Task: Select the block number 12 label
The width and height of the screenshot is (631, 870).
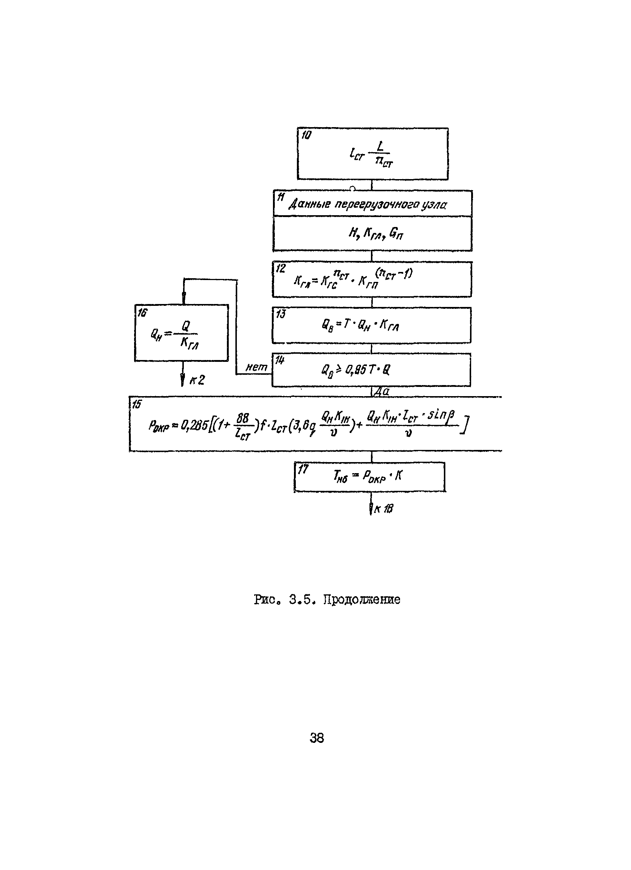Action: pyautogui.click(x=281, y=268)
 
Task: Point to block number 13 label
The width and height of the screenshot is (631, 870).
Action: pyautogui.click(x=281, y=314)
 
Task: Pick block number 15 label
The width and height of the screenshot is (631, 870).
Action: pyautogui.click(x=136, y=404)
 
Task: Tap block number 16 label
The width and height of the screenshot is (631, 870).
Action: pyautogui.click(x=142, y=312)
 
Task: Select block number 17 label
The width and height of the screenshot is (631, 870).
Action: pyautogui.click(x=303, y=469)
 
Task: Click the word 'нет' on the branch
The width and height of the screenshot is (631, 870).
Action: pyautogui.click(x=256, y=367)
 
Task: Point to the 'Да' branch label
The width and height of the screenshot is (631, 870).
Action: pyautogui.click(x=382, y=392)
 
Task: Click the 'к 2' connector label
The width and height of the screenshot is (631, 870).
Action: pyautogui.click(x=197, y=380)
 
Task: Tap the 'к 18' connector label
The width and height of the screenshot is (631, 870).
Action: pyautogui.click(x=383, y=509)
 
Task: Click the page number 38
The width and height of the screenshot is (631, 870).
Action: pyautogui.click(x=317, y=738)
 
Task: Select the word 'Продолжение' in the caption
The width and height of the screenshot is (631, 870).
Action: pyautogui.click(x=361, y=600)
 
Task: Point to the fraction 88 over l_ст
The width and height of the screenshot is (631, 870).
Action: pyautogui.click(x=243, y=426)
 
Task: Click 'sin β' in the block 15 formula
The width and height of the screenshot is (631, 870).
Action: pyautogui.click(x=442, y=415)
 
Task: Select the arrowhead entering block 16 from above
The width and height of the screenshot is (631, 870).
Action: pyautogui.click(x=183, y=297)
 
